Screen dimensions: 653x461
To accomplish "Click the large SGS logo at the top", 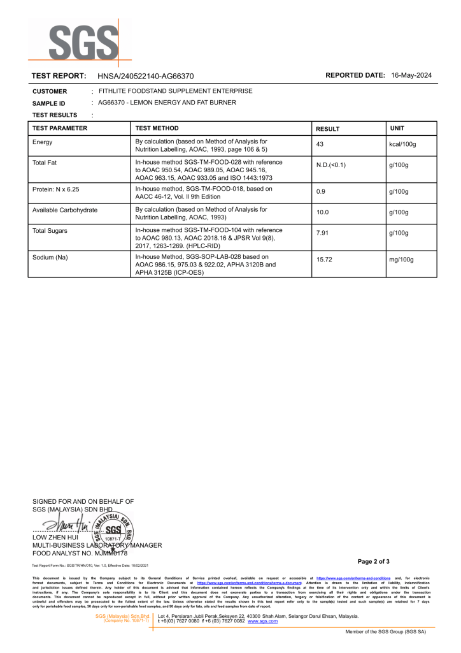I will click(x=80, y=43).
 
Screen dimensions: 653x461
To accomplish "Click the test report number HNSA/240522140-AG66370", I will click(x=146, y=76).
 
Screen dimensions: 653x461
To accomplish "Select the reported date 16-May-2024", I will click(x=411, y=75).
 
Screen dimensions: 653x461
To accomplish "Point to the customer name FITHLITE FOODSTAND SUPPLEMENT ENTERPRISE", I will click(x=175, y=91).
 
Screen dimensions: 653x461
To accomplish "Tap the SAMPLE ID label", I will click(x=49, y=103).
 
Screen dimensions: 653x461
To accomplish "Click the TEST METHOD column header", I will click(x=157, y=128).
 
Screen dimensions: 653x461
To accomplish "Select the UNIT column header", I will click(x=397, y=128).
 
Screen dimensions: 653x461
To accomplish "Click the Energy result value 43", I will click(x=320, y=145).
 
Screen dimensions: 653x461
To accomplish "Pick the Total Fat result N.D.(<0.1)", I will click(x=331, y=165).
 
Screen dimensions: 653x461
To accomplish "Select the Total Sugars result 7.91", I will click(x=323, y=233).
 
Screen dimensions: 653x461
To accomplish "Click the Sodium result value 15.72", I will click(x=325, y=260).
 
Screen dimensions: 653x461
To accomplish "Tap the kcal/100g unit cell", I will click(x=402, y=145).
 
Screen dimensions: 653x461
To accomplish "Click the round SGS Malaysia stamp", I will click(x=113, y=529).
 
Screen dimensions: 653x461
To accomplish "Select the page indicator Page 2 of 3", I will click(x=374, y=561).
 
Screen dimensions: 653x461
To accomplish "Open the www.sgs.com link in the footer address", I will click(x=262, y=620).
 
